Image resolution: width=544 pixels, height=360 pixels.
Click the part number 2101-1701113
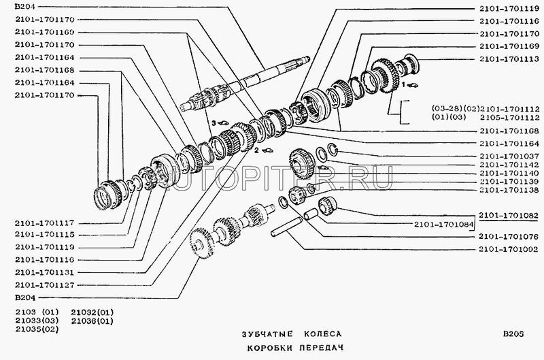click(x=509, y=59)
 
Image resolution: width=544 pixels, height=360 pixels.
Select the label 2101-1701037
click(x=509, y=157)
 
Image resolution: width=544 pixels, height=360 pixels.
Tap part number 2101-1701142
click(x=509, y=165)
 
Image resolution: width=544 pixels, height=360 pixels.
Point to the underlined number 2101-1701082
click(x=509, y=215)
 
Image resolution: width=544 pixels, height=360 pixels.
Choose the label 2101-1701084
click(x=444, y=225)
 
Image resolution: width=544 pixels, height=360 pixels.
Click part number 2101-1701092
click(x=509, y=249)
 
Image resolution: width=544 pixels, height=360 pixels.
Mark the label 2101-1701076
click(x=509, y=237)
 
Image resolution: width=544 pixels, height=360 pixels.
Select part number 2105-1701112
click(x=509, y=118)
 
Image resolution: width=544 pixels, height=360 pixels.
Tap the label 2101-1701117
click(x=44, y=223)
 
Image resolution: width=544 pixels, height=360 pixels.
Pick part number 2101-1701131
click(x=44, y=272)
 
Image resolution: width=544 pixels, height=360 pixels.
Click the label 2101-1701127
click(x=44, y=285)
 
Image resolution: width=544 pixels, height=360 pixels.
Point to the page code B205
click(x=513, y=334)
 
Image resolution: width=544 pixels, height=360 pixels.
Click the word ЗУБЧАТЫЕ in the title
click(x=267, y=334)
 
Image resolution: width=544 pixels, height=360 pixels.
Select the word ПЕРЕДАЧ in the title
click(x=321, y=348)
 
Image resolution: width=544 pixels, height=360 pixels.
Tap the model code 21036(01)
click(x=92, y=321)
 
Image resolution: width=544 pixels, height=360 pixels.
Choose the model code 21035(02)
click(x=37, y=329)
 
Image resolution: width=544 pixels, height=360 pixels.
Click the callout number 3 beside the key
click(x=214, y=122)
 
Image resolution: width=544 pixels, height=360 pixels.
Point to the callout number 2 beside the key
click(x=256, y=150)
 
